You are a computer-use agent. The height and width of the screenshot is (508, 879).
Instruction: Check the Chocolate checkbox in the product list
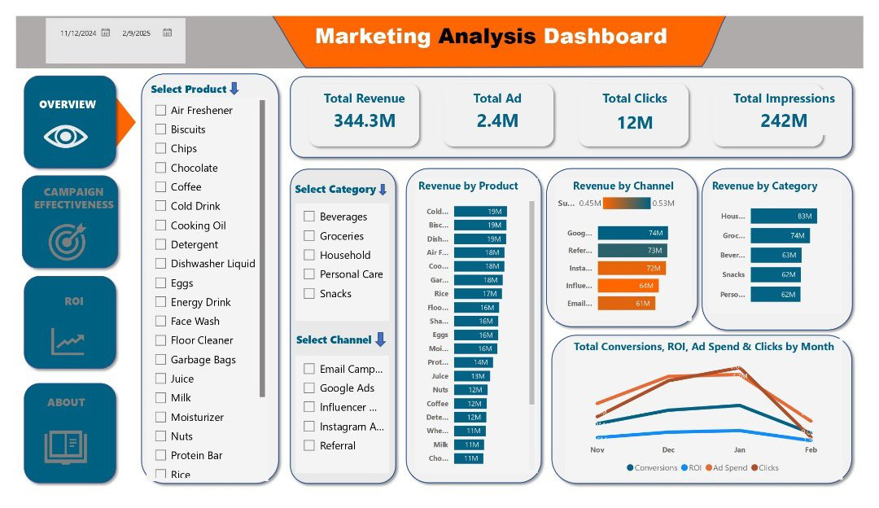(161, 169)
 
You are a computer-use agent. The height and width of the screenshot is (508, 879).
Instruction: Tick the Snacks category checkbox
(309, 294)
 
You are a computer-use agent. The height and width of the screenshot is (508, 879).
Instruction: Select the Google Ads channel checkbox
(309, 388)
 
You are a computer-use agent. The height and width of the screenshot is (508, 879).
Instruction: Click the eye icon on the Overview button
(66, 136)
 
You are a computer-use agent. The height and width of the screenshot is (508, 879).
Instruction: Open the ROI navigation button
(70, 322)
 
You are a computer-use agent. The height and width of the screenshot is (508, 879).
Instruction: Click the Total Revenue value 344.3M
(364, 121)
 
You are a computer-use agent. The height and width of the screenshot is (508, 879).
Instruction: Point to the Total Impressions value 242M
(783, 121)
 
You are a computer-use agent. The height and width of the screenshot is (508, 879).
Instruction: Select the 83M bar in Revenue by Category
(783, 217)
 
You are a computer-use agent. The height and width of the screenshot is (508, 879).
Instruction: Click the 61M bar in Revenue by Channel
(626, 304)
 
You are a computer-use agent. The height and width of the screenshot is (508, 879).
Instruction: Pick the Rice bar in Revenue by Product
(477, 293)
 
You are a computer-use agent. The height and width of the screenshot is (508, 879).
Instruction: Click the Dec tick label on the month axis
(668, 449)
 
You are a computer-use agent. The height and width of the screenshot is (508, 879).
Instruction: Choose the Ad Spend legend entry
(731, 468)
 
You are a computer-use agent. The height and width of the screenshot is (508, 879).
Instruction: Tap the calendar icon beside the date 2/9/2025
(167, 33)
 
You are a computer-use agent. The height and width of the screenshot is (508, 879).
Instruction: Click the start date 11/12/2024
(78, 33)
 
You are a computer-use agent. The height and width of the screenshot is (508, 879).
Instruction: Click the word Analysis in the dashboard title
(487, 37)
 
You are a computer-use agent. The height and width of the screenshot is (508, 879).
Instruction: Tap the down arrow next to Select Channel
(380, 339)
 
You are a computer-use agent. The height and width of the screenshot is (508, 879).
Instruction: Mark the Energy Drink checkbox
(161, 303)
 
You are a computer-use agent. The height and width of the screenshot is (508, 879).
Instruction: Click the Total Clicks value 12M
(634, 122)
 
